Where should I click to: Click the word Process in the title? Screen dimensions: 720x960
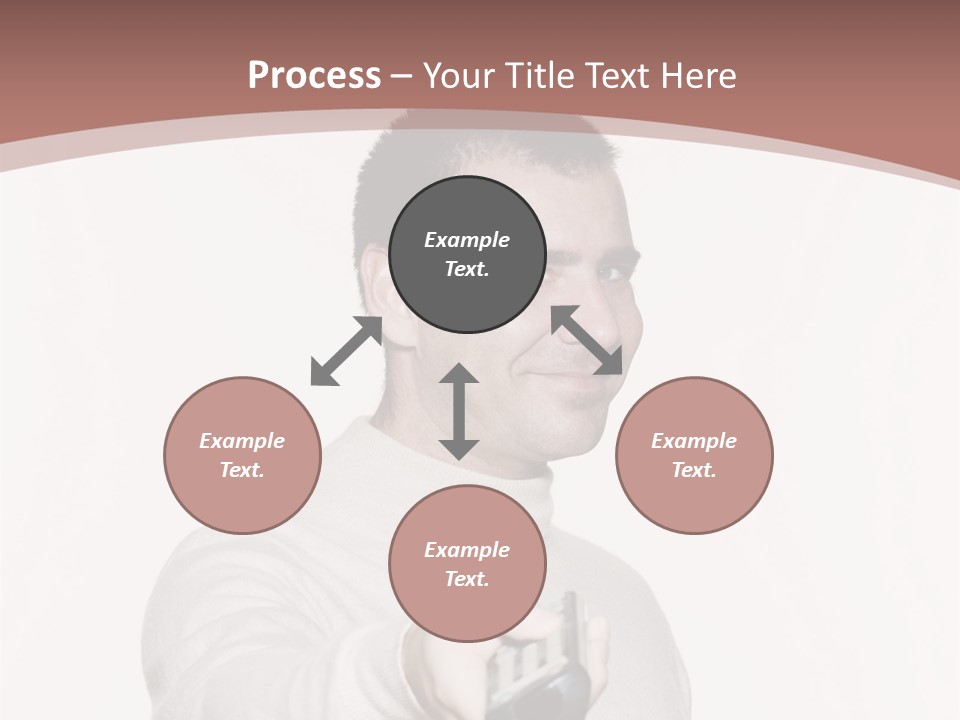[314, 76]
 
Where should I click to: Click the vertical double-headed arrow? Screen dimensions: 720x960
[459, 411]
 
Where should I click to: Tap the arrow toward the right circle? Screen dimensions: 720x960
[586, 340]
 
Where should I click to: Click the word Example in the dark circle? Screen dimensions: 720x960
[467, 240]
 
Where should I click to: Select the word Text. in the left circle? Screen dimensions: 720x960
[242, 470]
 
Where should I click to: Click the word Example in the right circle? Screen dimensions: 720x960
[694, 441]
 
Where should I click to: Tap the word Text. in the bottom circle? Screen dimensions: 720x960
[467, 579]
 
